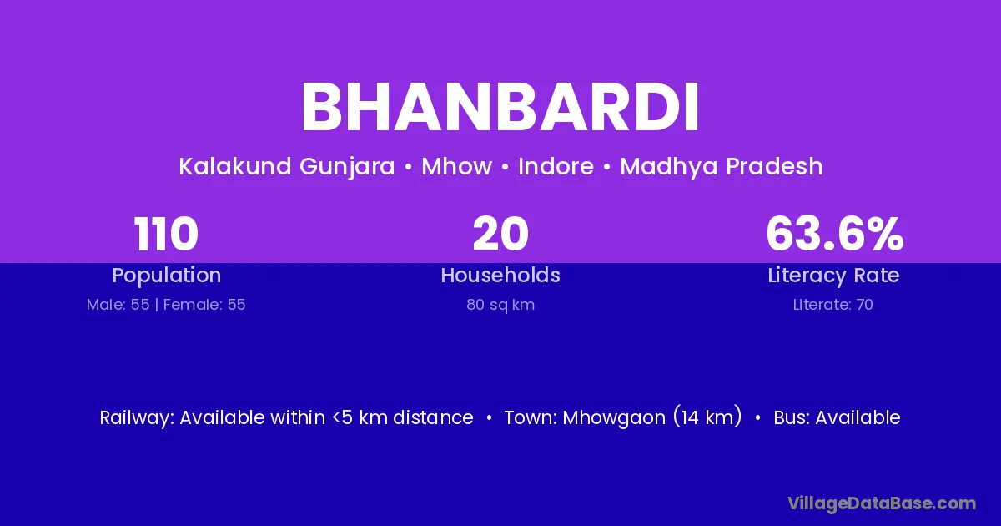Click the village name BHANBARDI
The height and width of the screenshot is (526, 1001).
point(500,108)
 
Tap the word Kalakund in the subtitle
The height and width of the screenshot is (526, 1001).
point(235,166)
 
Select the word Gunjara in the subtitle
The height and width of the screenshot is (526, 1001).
point(347,167)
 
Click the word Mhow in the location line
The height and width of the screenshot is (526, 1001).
point(457,166)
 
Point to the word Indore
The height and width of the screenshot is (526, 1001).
point(556,166)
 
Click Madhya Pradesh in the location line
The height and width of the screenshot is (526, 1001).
point(722,167)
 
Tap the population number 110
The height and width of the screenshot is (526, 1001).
point(166,234)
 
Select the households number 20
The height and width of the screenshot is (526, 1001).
point(500,234)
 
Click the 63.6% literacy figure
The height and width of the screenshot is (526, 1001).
point(834,234)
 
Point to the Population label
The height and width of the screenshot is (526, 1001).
point(167,276)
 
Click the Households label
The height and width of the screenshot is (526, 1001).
point(500,275)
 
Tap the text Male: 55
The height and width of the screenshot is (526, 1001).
point(118,305)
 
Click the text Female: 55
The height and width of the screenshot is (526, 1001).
point(204,305)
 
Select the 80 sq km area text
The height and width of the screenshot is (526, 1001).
point(500,305)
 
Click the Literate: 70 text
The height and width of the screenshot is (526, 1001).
point(833,305)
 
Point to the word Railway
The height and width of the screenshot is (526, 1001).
point(137,418)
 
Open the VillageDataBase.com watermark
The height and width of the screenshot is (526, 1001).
point(882,504)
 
